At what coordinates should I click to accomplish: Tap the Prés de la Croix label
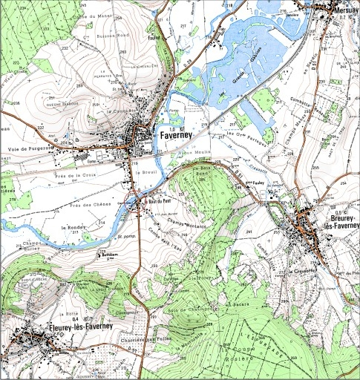click(75, 176)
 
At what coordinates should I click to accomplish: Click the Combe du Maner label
click(92, 14)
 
